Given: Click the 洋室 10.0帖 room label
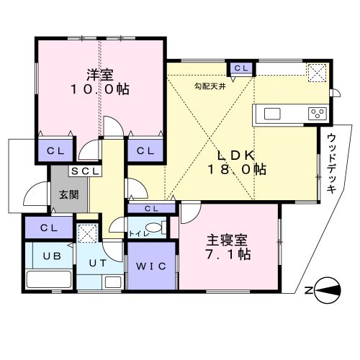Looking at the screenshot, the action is click(x=99, y=82).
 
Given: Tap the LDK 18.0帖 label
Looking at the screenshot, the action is click(x=236, y=163).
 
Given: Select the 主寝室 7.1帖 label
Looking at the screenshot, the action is click(x=228, y=247).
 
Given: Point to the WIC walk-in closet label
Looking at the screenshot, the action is click(x=151, y=266).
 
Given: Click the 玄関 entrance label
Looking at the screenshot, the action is click(x=69, y=194).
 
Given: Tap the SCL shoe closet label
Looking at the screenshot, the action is click(x=85, y=171).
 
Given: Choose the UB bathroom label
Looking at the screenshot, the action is click(x=52, y=256).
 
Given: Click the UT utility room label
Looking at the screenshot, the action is click(x=98, y=264).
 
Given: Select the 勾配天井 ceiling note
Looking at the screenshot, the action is click(x=210, y=86).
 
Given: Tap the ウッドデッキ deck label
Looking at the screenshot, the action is click(x=331, y=163).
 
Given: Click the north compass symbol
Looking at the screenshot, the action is click(x=328, y=290).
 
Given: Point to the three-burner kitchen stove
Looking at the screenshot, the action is click(x=318, y=114).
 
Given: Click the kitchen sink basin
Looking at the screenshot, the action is click(x=272, y=114).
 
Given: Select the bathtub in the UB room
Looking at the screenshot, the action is click(x=49, y=279).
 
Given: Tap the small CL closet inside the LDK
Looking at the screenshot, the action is click(x=241, y=68).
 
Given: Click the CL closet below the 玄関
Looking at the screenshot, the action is click(x=49, y=228).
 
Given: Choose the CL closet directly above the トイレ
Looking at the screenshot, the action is click(x=151, y=208).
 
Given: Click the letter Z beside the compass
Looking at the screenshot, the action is click(x=308, y=291).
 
